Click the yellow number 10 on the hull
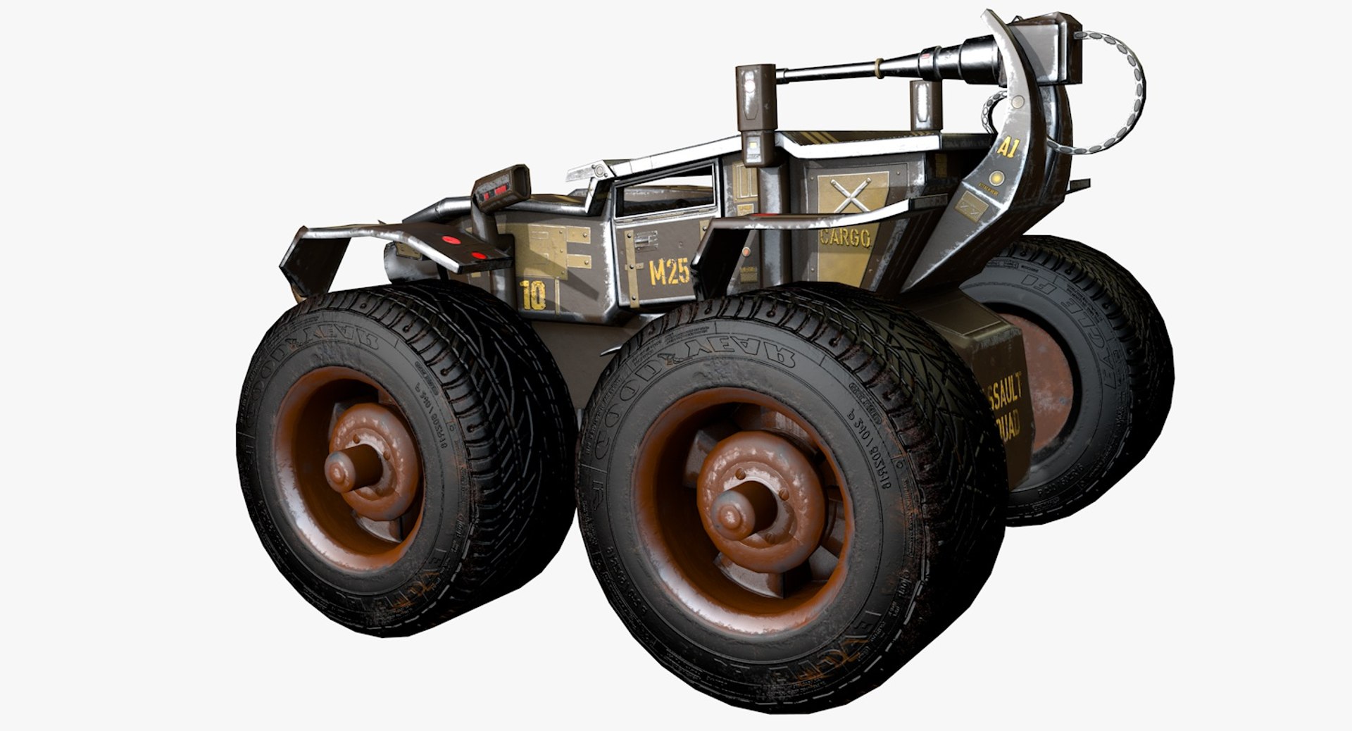click(x=534, y=295)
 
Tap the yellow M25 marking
click(x=668, y=271)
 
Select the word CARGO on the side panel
click(x=845, y=237)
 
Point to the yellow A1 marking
click(x=1008, y=147)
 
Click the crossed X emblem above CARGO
click(x=851, y=193)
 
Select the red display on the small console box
click(x=499, y=189)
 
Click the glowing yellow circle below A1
click(x=996, y=178)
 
